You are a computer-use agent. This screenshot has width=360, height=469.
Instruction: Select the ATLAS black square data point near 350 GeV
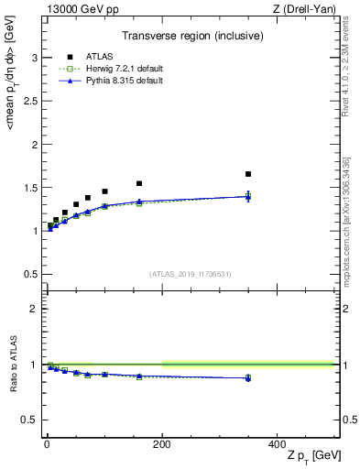(x=248, y=174)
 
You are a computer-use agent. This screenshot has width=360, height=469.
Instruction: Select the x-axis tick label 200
(x=162, y=442)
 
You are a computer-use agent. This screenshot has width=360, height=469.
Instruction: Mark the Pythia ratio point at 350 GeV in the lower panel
(x=248, y=377)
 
